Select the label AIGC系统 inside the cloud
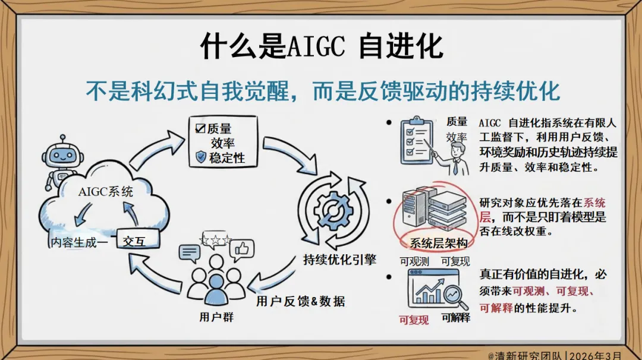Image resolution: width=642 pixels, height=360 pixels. click(106, 192)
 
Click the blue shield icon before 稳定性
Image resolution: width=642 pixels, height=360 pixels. click(201, 157)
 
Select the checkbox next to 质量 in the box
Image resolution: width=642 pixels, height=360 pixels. click(200, 128)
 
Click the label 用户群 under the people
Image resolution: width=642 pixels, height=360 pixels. click(216, 317)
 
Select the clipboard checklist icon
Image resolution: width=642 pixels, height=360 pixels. click(415, 141)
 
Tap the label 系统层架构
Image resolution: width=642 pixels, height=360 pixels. click(439, 244)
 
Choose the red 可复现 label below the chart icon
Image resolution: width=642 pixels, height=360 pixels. click(414, 320)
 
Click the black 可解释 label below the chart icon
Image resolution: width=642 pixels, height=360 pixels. click(456, 318)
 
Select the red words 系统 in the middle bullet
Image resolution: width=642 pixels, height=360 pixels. click(594, 203)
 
